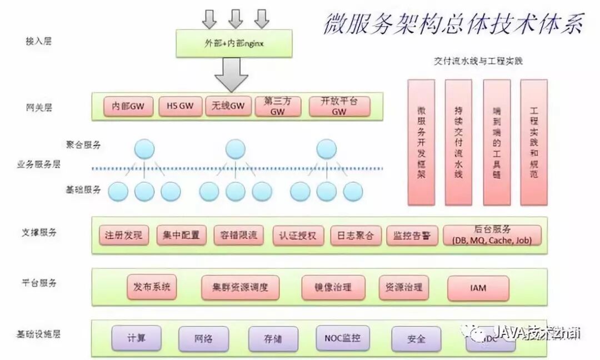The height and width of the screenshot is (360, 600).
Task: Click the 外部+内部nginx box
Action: click(x=233, y=43)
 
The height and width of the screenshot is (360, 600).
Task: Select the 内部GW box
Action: click(x=128, y=107)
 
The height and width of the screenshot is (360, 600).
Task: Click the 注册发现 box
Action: click(x=123, y=235)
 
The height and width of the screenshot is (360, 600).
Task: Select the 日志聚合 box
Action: click(x=352, y=235)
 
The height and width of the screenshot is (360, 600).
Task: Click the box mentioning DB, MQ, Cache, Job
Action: click(x=492, y=235)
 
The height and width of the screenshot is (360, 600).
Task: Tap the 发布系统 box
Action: click(x=151, y=287)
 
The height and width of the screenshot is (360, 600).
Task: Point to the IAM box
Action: click(x=478, y=288)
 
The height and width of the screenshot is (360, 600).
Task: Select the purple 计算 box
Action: click(x=137, y=338)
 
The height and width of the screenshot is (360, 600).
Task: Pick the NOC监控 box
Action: click(x=342, y=338)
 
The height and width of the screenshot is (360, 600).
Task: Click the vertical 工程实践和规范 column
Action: click(x=534, y=142)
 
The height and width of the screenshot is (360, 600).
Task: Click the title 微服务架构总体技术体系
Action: click(x=453, y=23)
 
